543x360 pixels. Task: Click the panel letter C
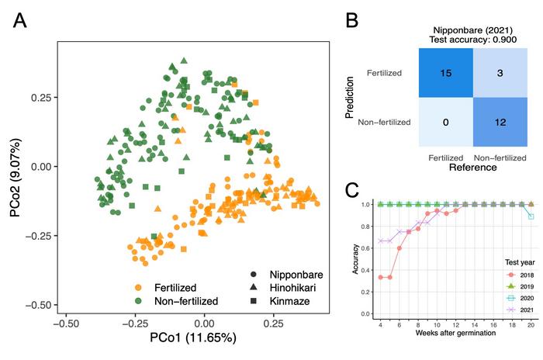click(351, 189)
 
